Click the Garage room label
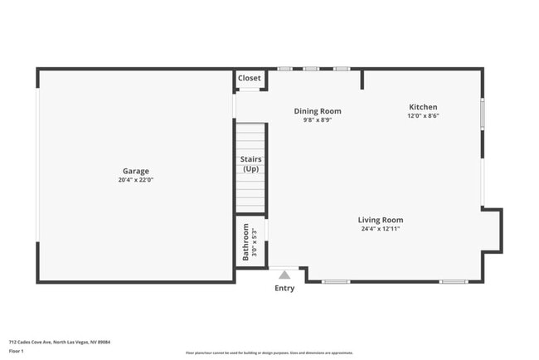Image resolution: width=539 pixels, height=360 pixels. coord(136,171)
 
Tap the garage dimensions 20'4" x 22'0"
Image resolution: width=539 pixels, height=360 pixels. coord(136,180)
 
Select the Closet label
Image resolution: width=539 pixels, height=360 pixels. coord(250,78)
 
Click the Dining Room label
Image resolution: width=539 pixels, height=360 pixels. coord(318,111)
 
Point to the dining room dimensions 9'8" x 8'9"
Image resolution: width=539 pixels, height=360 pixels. coord(318,120)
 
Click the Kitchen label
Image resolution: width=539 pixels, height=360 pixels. coord(423,107)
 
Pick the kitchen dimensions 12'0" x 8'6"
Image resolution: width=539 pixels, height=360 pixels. coord(423,116)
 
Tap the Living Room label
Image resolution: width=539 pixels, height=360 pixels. coord(381,220)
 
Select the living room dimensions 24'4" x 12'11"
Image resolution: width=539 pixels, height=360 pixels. coord(381,229)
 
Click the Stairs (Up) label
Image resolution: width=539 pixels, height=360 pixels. coord(250,163)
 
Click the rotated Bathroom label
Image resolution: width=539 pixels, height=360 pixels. coord(245,241)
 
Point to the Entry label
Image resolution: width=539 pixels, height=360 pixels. coord(284,289)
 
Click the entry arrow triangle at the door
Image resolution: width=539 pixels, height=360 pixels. coord(284,275)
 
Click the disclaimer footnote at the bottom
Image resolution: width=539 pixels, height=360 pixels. coord(269,353)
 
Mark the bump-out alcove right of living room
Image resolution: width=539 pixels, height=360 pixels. coord(492,230)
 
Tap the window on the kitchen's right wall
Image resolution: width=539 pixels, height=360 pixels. coord(483,112)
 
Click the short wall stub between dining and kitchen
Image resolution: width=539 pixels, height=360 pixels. coord(362,80)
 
